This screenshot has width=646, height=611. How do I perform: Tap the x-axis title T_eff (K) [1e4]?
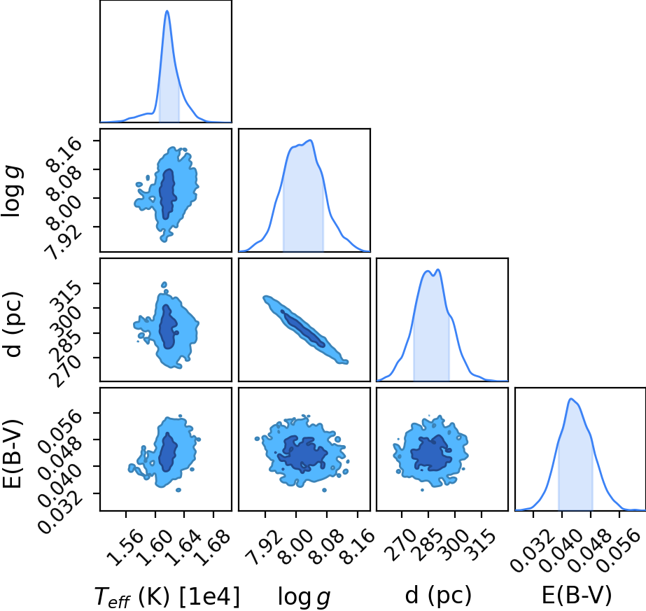[x=167, y=596]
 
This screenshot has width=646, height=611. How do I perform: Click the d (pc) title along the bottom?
[x=438, y=596]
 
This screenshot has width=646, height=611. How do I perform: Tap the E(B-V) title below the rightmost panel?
[x=577, y=596]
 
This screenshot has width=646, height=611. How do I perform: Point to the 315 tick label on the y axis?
[x=66, y=296]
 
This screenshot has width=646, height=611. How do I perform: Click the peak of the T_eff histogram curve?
[x=167, y=10]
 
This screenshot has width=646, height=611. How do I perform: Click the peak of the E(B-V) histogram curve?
[x=571, y=398]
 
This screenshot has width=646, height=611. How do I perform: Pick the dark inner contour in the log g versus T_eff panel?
[x=168, y=194]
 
